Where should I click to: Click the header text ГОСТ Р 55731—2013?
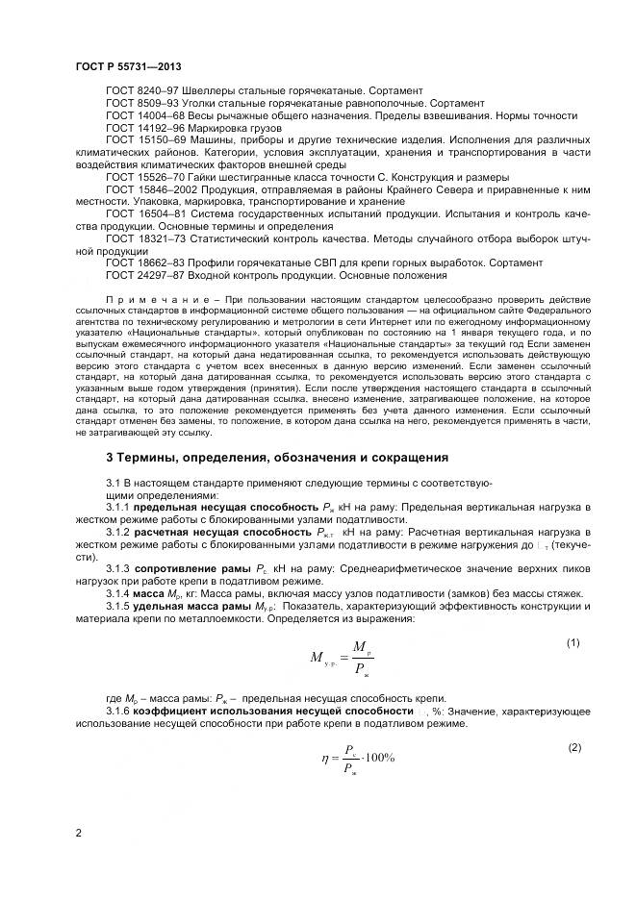pos(124,66)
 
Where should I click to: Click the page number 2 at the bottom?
pos(77,833)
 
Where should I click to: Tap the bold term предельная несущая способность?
pos(218,505)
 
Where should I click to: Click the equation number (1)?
pos(572,641)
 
